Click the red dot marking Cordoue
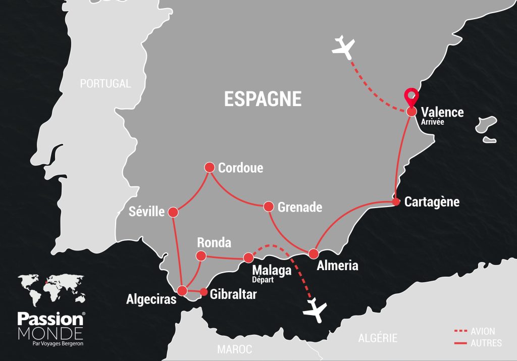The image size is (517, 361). [210, 167]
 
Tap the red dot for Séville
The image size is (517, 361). [173, 212]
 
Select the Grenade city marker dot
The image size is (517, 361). [268, 207]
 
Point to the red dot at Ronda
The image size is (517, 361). [201, 255]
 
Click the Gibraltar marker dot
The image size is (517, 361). [203, 292]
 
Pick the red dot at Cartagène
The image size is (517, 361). [396, 202]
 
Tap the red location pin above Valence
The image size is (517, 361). [411, 96]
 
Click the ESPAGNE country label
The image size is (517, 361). [263, 99]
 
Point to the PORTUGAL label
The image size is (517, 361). [106, 84]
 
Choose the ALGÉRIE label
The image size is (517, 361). [378, 338]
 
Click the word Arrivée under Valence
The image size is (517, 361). [433, 122]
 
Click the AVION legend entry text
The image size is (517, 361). [483, 332]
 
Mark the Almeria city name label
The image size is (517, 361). [337, 266]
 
